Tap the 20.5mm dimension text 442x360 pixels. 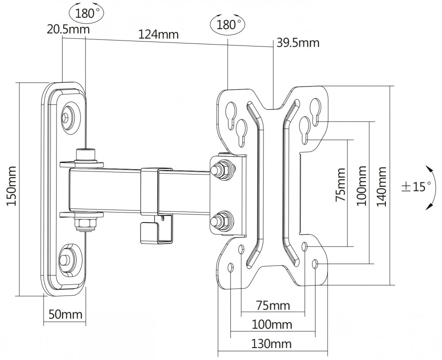(x=68, y=29)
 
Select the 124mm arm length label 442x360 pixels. (x=158, y=34)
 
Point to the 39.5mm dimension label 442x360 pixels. (x=298, y=43)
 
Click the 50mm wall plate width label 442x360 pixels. (x=65, y=314)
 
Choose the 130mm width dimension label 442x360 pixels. (x=271, y=344)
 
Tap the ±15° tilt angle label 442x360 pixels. (x=416, y=186)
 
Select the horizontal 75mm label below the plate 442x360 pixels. (x=273, y=305)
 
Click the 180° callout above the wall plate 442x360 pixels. (x=86, y=13)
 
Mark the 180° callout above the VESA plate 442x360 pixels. (x=228, y=25)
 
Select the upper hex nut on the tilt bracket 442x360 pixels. (x=222, y=168)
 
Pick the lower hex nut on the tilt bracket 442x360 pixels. (x=222, y=220)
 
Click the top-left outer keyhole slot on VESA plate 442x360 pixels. (x=231, y=116)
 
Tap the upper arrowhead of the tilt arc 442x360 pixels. (x=430, y=169)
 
